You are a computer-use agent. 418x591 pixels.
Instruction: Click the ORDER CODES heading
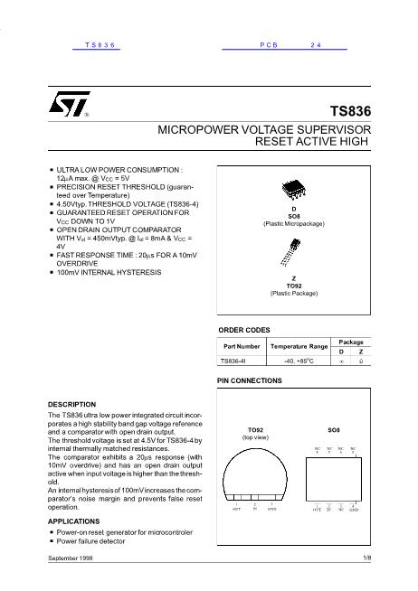[x=244, y=329]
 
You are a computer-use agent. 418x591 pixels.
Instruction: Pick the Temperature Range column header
[x=299, y=346]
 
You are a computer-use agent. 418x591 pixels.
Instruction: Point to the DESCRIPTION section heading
[x=71, y=403]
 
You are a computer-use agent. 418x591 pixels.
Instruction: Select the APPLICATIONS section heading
[x=71, y=521]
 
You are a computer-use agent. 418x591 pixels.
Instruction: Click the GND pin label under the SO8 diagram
[x=355, y=511]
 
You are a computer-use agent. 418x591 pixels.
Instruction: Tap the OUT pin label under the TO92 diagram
[x=236, y=511]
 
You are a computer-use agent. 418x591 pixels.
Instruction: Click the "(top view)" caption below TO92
[x=255, y=436]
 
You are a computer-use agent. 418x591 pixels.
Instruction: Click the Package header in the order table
[x=351, y=342]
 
